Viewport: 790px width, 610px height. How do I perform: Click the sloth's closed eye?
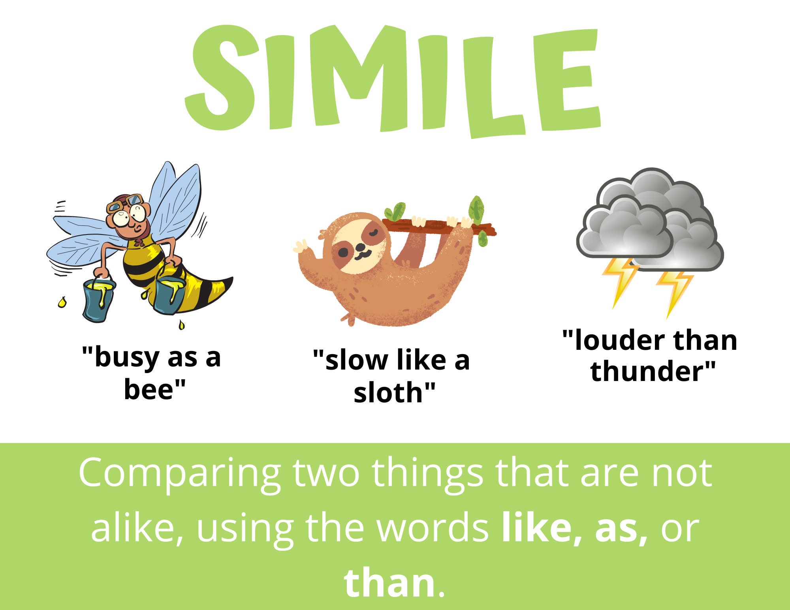click(373, 233)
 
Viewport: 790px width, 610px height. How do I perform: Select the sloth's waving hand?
click(302, 247)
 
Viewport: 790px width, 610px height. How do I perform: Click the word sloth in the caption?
click(389, 393)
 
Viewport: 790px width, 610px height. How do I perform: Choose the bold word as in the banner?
click(620, 528)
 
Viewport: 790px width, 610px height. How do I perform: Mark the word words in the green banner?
click(433, 528)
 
